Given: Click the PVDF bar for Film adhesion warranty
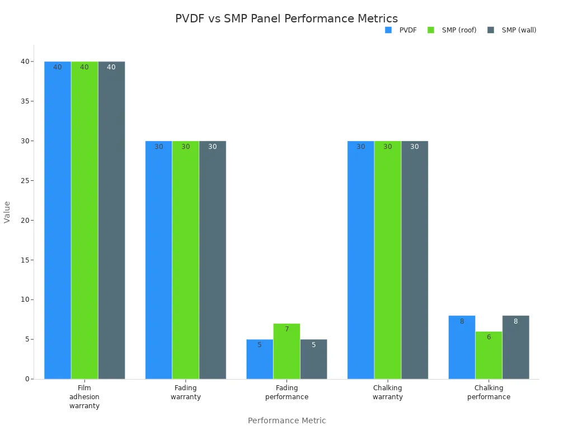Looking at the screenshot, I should [58, 220].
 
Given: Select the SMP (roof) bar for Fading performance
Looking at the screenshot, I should [286, 351].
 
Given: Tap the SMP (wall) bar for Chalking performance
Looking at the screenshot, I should [515, 347].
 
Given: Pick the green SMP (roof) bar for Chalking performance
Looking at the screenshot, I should [489, 355].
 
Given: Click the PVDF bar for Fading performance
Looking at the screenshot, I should [260, 359].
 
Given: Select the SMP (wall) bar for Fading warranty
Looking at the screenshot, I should [213, 260].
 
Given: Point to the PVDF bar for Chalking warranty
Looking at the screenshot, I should [360, 260].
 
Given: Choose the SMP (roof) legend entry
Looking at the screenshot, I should [453, 30].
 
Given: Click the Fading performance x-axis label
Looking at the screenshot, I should [286, 392].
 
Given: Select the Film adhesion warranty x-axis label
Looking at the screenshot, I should [84, 396].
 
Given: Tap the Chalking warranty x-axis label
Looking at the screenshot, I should [388, 392].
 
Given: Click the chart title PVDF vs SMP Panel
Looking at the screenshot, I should [286, 18].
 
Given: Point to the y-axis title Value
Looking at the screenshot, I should [7, 212].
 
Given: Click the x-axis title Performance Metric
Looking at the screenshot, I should [286, 420].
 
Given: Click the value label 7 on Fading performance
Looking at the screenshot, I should [286, 329].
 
